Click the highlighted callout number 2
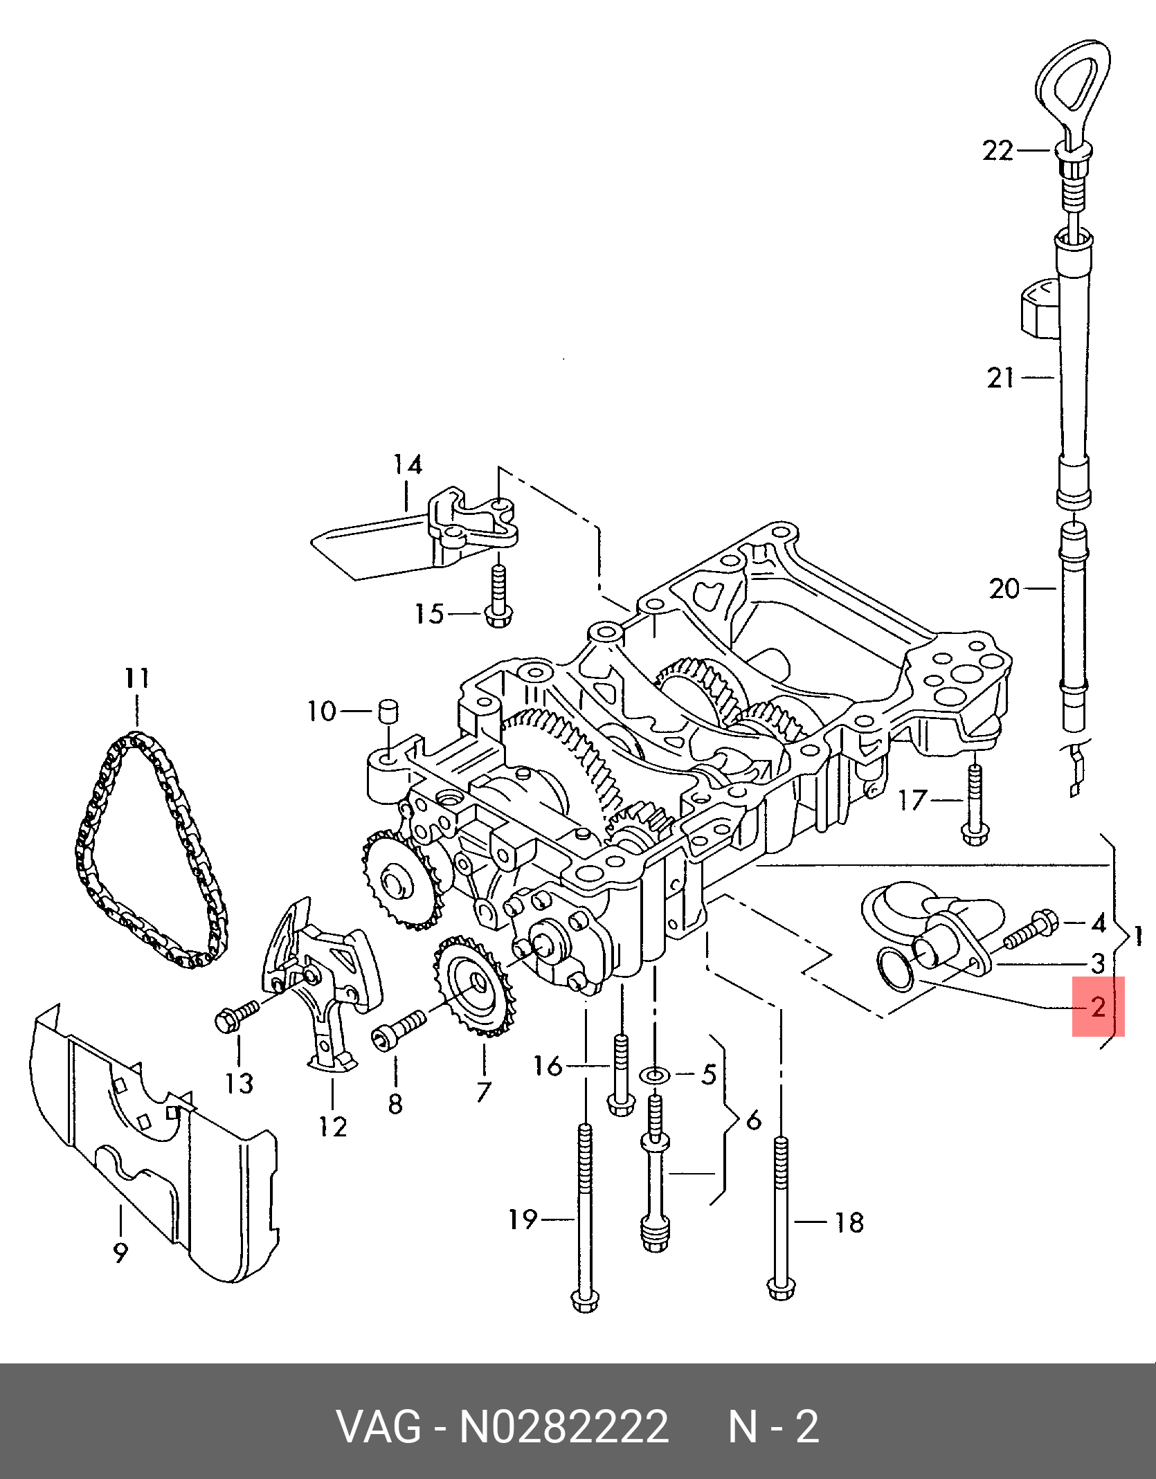point(1098,1006)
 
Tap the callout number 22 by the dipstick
point(997,150)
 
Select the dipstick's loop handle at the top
point(1072,82)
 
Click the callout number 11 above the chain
point(137,678)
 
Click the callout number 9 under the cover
point(120,1252)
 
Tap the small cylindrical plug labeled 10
point(388,711)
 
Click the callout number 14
point(408,464)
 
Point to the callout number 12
point(332,1127)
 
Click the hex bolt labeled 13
point(235,1018)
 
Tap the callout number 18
point(849,1222)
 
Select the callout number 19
point(523,1219)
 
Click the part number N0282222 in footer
point(564,1426)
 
